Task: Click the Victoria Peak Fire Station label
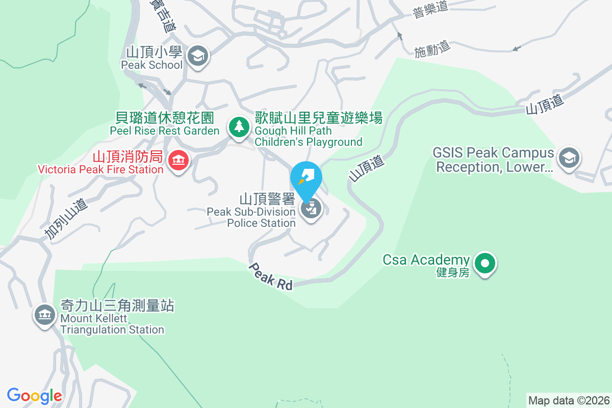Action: click(x=100, y=162)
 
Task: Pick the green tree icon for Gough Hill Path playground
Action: click(x=238, y=126)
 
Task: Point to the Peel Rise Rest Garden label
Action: click(x=164, y=124)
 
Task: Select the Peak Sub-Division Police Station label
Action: click(x=251, y=210)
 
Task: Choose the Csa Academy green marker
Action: click(x=485, y=264)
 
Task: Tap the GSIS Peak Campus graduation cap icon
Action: click(x=569, y=158)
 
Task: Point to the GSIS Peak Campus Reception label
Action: click(x=493, y=160)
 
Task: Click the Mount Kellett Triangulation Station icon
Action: click(x=44, y=315)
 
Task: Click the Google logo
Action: click(x=34, y=395)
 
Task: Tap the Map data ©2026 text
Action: click(x=568, y=400)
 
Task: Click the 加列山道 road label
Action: click(x=66, y=219)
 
